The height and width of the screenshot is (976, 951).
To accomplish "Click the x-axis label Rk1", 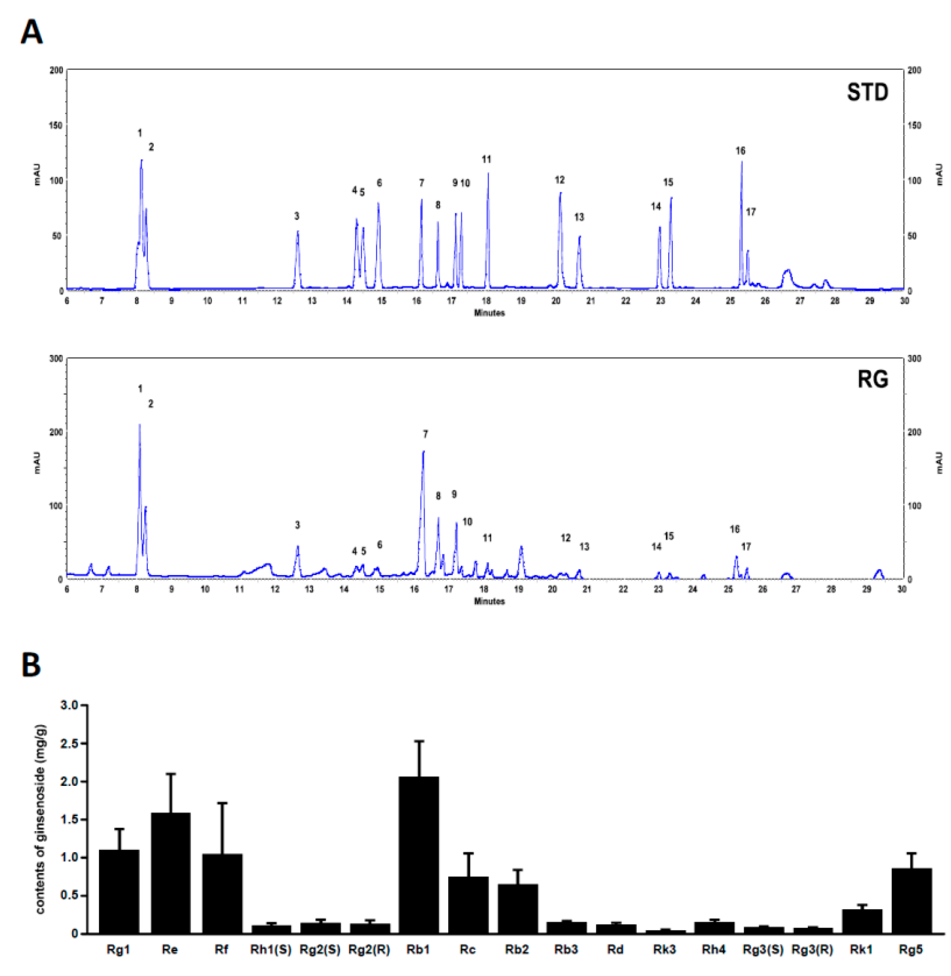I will tap(862, 950).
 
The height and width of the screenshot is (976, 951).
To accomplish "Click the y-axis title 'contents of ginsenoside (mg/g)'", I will tap(40, 819).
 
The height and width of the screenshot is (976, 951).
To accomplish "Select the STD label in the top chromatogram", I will tap(867, 93).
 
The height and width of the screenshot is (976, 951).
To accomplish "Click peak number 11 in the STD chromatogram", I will tap(487, 159).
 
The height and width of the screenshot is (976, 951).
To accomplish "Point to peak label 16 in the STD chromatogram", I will tap(740, 150).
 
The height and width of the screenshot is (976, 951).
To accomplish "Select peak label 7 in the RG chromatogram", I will tap(425, 435).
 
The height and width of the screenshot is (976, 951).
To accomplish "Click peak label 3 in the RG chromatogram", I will tap(297, 525).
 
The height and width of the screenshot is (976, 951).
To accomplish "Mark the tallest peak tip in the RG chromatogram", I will tap(139, 425).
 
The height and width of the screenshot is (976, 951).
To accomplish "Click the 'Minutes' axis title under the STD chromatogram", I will tap(489, 313).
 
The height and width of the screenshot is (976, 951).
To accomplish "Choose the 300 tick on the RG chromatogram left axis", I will tap(56, 359).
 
